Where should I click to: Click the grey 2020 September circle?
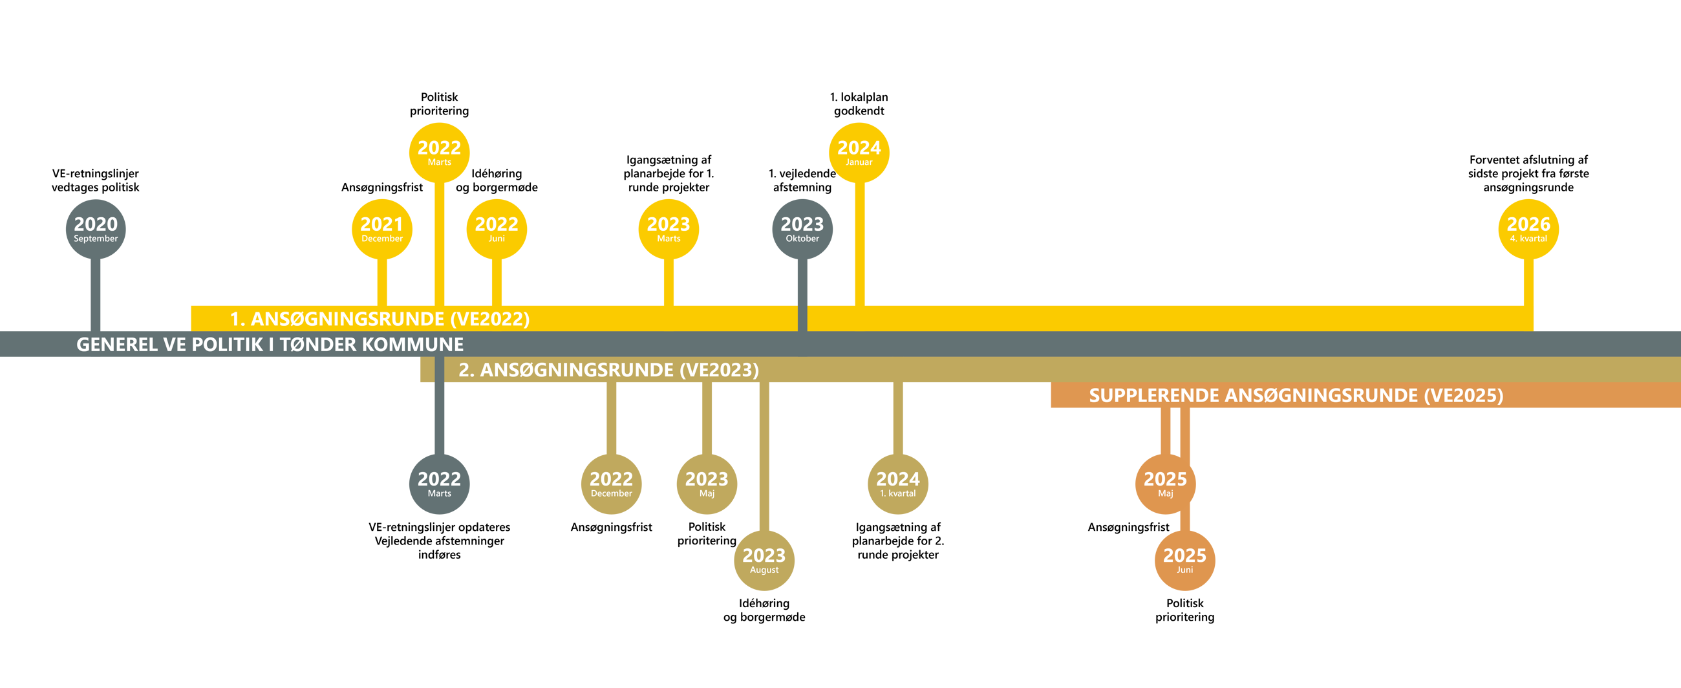(95, 229)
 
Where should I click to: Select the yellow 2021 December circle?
(381, 229)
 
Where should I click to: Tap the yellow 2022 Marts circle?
(439, 153)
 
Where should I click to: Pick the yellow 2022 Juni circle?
(497, 229)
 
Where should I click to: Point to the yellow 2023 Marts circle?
(669, 229)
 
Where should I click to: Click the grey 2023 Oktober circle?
(802, 229)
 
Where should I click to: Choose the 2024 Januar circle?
(859, 153)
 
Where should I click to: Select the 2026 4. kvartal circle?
(1528, 229)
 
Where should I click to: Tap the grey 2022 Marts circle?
(439, 484)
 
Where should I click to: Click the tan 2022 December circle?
(611, 484)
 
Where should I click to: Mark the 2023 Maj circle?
(707, 484)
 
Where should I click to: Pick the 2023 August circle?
(764, 561)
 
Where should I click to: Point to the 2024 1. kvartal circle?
(898, 484)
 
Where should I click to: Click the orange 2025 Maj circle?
(1165, 484)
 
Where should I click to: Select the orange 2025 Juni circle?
(1184, 561)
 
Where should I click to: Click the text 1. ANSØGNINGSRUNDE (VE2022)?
(380, 319)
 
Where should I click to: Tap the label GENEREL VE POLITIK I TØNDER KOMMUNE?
(270, 344)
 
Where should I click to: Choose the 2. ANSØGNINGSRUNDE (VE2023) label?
(608, 369)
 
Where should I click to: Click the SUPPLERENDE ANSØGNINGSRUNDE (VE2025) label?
(1296, 395)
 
